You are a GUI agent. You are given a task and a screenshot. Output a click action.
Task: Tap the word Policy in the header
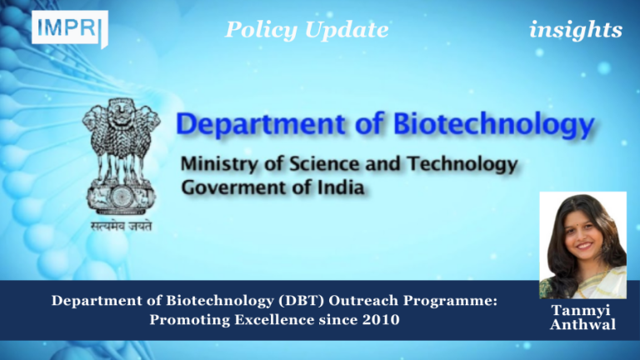tap(257, 31)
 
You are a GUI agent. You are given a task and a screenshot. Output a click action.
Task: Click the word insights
tap(575, 31)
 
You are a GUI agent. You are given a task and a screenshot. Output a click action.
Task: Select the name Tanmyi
tap(582, 310)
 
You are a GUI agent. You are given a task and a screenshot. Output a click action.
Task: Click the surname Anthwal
tap(582, 325)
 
